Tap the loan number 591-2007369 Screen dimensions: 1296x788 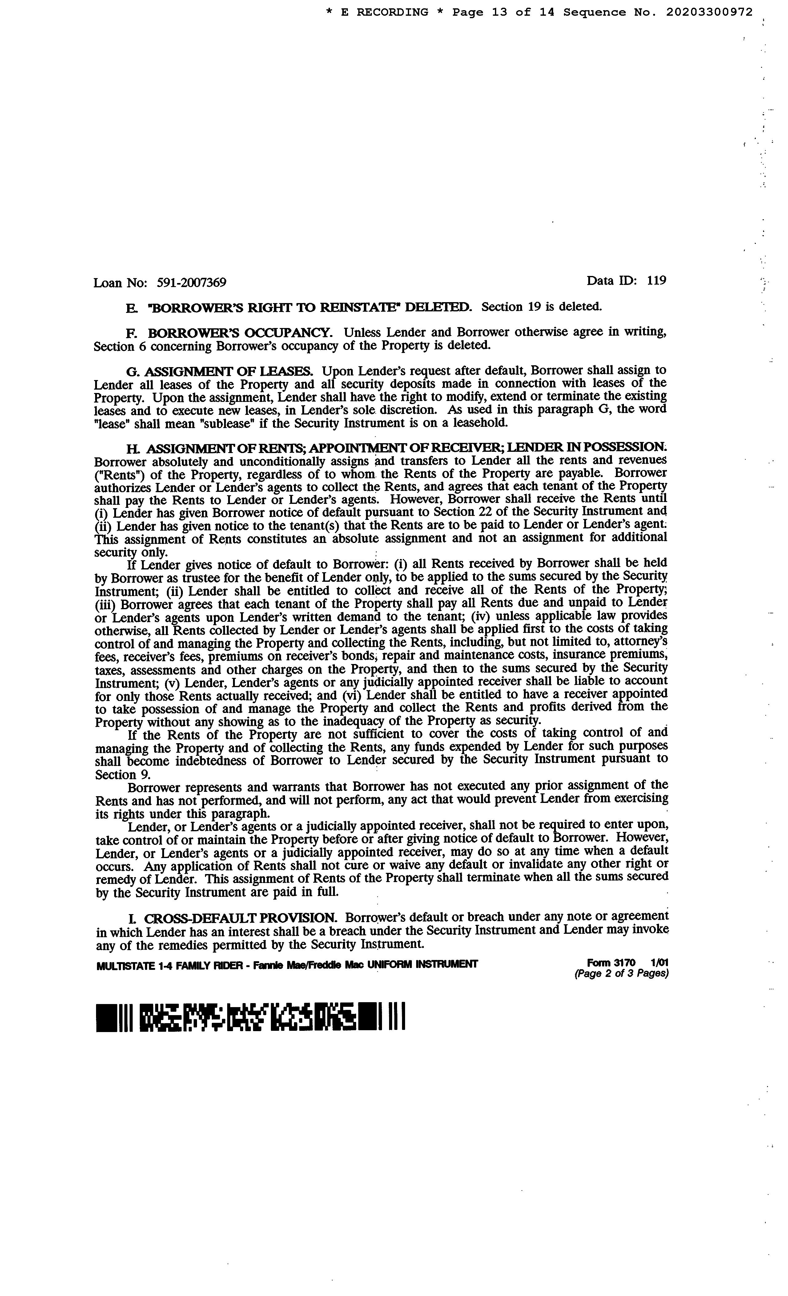click(191, 283)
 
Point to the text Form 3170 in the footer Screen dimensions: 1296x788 click(611, 962)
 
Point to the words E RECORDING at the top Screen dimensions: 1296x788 click(384, 12)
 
